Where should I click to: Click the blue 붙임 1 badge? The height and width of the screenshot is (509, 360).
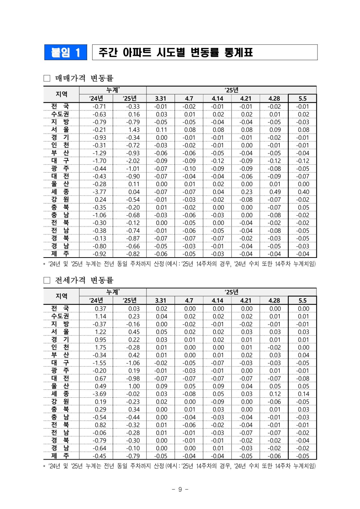pyautogui.click(x=66, y=53)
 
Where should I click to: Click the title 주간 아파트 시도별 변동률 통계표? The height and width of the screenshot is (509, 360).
pyautogui.click(x=176, y=53)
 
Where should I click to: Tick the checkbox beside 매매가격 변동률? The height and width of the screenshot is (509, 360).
pyautogui.click(x=47, y=78)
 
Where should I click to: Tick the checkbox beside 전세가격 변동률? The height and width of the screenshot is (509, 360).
pyautogui.click(x=47, y=280)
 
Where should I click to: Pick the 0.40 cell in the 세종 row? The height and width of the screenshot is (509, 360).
pyautogui.click(x=303, y=192)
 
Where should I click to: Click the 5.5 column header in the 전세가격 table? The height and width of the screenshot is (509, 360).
pyautogui.click(x=302, y=300)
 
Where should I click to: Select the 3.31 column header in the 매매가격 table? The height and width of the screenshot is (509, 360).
pyautogui.click(x=161, y=98)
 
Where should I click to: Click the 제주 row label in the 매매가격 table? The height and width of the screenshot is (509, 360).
pyautogui.click(x=60, y=254)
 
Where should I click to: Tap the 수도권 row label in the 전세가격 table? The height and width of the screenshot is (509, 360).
pyautogui.click(x=60, y=316)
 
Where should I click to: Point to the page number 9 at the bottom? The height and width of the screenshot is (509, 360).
pyautogui.click(x=180, y=489)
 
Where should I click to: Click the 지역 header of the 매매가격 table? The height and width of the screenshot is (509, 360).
pyautogui.click(x=61, y=94)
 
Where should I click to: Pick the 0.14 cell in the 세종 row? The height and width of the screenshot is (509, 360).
pyautogui.click(x=303, y=394)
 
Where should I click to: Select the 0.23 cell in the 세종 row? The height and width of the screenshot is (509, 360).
pyautogui.click(x=247, y=192)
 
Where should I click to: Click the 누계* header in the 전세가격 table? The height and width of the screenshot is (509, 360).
pyautogui.click(x=113, y=292)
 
